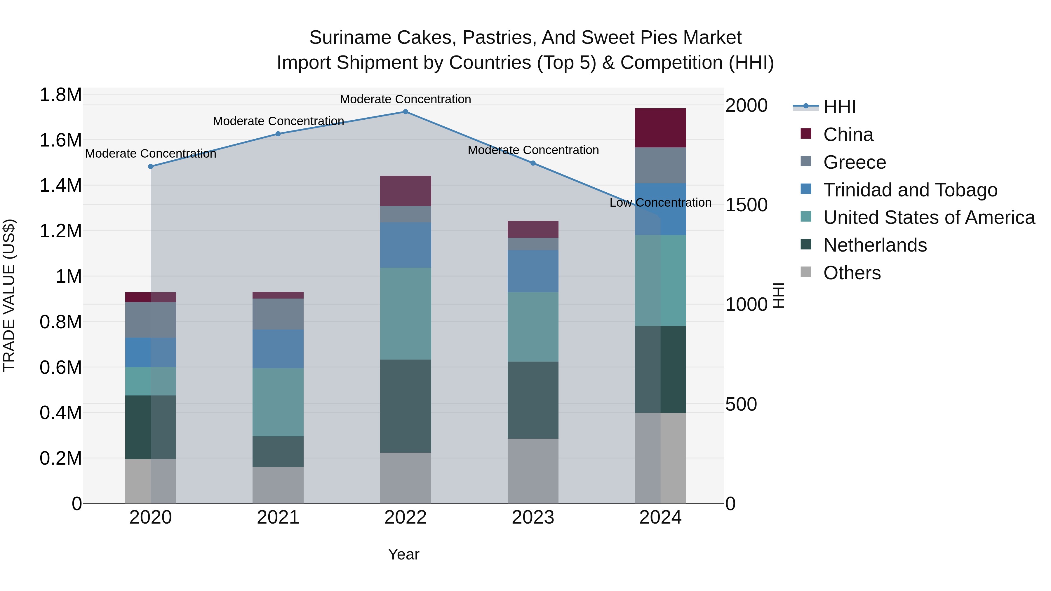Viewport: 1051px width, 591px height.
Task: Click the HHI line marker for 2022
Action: click(405, 112)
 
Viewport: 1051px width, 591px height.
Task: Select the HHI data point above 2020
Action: click(151, 166)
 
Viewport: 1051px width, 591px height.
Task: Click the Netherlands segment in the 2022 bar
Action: click(405, 406)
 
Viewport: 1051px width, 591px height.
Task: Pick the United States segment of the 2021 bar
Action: click(278, 402)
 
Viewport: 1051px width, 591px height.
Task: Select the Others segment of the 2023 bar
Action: click(533, 471)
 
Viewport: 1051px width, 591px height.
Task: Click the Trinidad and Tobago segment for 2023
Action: click(533, 271)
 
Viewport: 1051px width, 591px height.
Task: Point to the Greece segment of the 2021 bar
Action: click(278, 314)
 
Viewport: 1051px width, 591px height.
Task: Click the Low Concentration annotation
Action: click(660, 203)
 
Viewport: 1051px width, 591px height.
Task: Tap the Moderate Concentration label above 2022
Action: click(405, 99)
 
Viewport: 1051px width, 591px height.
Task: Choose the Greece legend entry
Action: click(854, 162)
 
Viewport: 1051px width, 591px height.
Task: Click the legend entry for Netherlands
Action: click(875, 245)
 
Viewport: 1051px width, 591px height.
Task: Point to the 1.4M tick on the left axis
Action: click(60, 186)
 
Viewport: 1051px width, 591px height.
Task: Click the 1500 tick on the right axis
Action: click(746, 205)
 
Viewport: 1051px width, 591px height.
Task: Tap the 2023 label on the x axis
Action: click(533, 517)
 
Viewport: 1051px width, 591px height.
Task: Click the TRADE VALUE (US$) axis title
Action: click(9, 295)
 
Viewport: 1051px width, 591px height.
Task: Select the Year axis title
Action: click(403, 554)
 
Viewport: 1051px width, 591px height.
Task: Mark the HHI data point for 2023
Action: click(533, 163)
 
